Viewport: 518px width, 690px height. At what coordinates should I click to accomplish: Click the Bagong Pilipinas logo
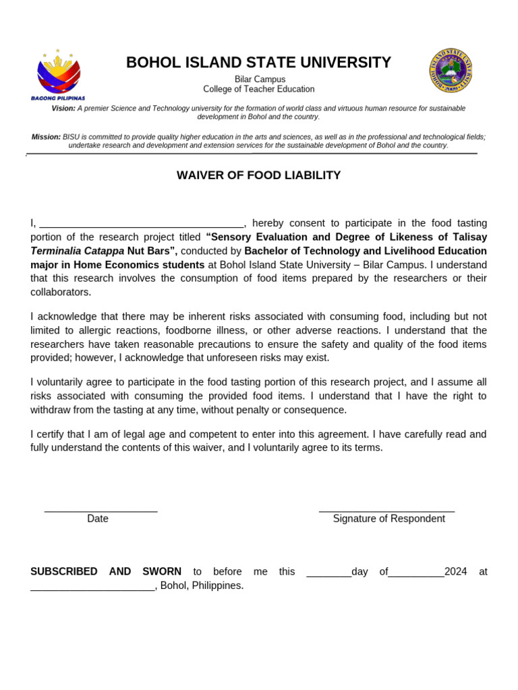point(58,73)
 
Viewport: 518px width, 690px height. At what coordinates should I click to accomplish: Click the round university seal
point(450,70)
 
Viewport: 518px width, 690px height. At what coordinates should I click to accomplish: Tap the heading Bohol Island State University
point(258,63)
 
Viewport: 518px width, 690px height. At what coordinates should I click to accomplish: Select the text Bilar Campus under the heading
point(260,80)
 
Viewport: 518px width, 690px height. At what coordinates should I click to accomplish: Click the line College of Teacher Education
point(259,89)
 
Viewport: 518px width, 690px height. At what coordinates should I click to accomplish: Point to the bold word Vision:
point(63,108)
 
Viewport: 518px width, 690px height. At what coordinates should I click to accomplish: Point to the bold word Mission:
point(46,137)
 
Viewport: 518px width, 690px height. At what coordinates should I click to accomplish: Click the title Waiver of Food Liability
point(258,176)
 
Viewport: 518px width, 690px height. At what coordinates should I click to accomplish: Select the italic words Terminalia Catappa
point(77,251)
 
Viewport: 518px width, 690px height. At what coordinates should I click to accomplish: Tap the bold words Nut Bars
point(151,251)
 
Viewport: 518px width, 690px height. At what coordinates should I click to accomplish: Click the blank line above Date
point(101,510)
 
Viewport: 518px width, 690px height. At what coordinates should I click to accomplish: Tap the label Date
point(98,519)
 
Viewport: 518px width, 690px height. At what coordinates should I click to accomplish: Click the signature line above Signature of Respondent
point(386,510)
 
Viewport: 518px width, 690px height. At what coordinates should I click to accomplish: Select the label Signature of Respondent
point(388,519)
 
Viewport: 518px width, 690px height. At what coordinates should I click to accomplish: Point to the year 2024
point(456,571)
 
